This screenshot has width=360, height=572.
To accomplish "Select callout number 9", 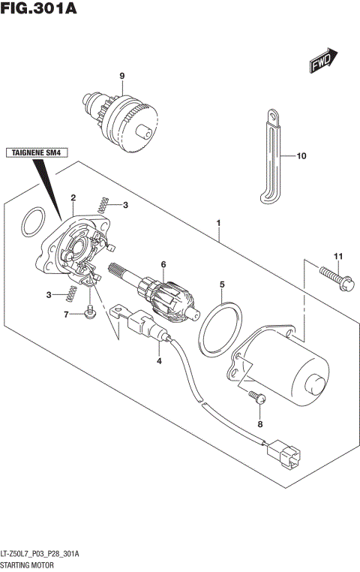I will click(121, 75).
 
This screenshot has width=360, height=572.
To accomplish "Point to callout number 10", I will click(301, 157).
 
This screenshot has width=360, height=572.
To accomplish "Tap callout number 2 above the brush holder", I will click(73, 197).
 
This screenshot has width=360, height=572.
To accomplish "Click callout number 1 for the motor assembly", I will click(219, 223).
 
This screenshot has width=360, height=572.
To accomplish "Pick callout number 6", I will click(162, 263).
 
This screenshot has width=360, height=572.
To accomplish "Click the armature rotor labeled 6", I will click(165, 295).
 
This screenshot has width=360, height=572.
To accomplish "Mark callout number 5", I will click(222, 284).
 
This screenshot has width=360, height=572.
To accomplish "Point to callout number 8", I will click(260, 425).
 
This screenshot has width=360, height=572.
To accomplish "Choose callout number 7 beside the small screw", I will click(66, 315).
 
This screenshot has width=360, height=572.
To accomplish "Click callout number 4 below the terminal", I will click(159, 361).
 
